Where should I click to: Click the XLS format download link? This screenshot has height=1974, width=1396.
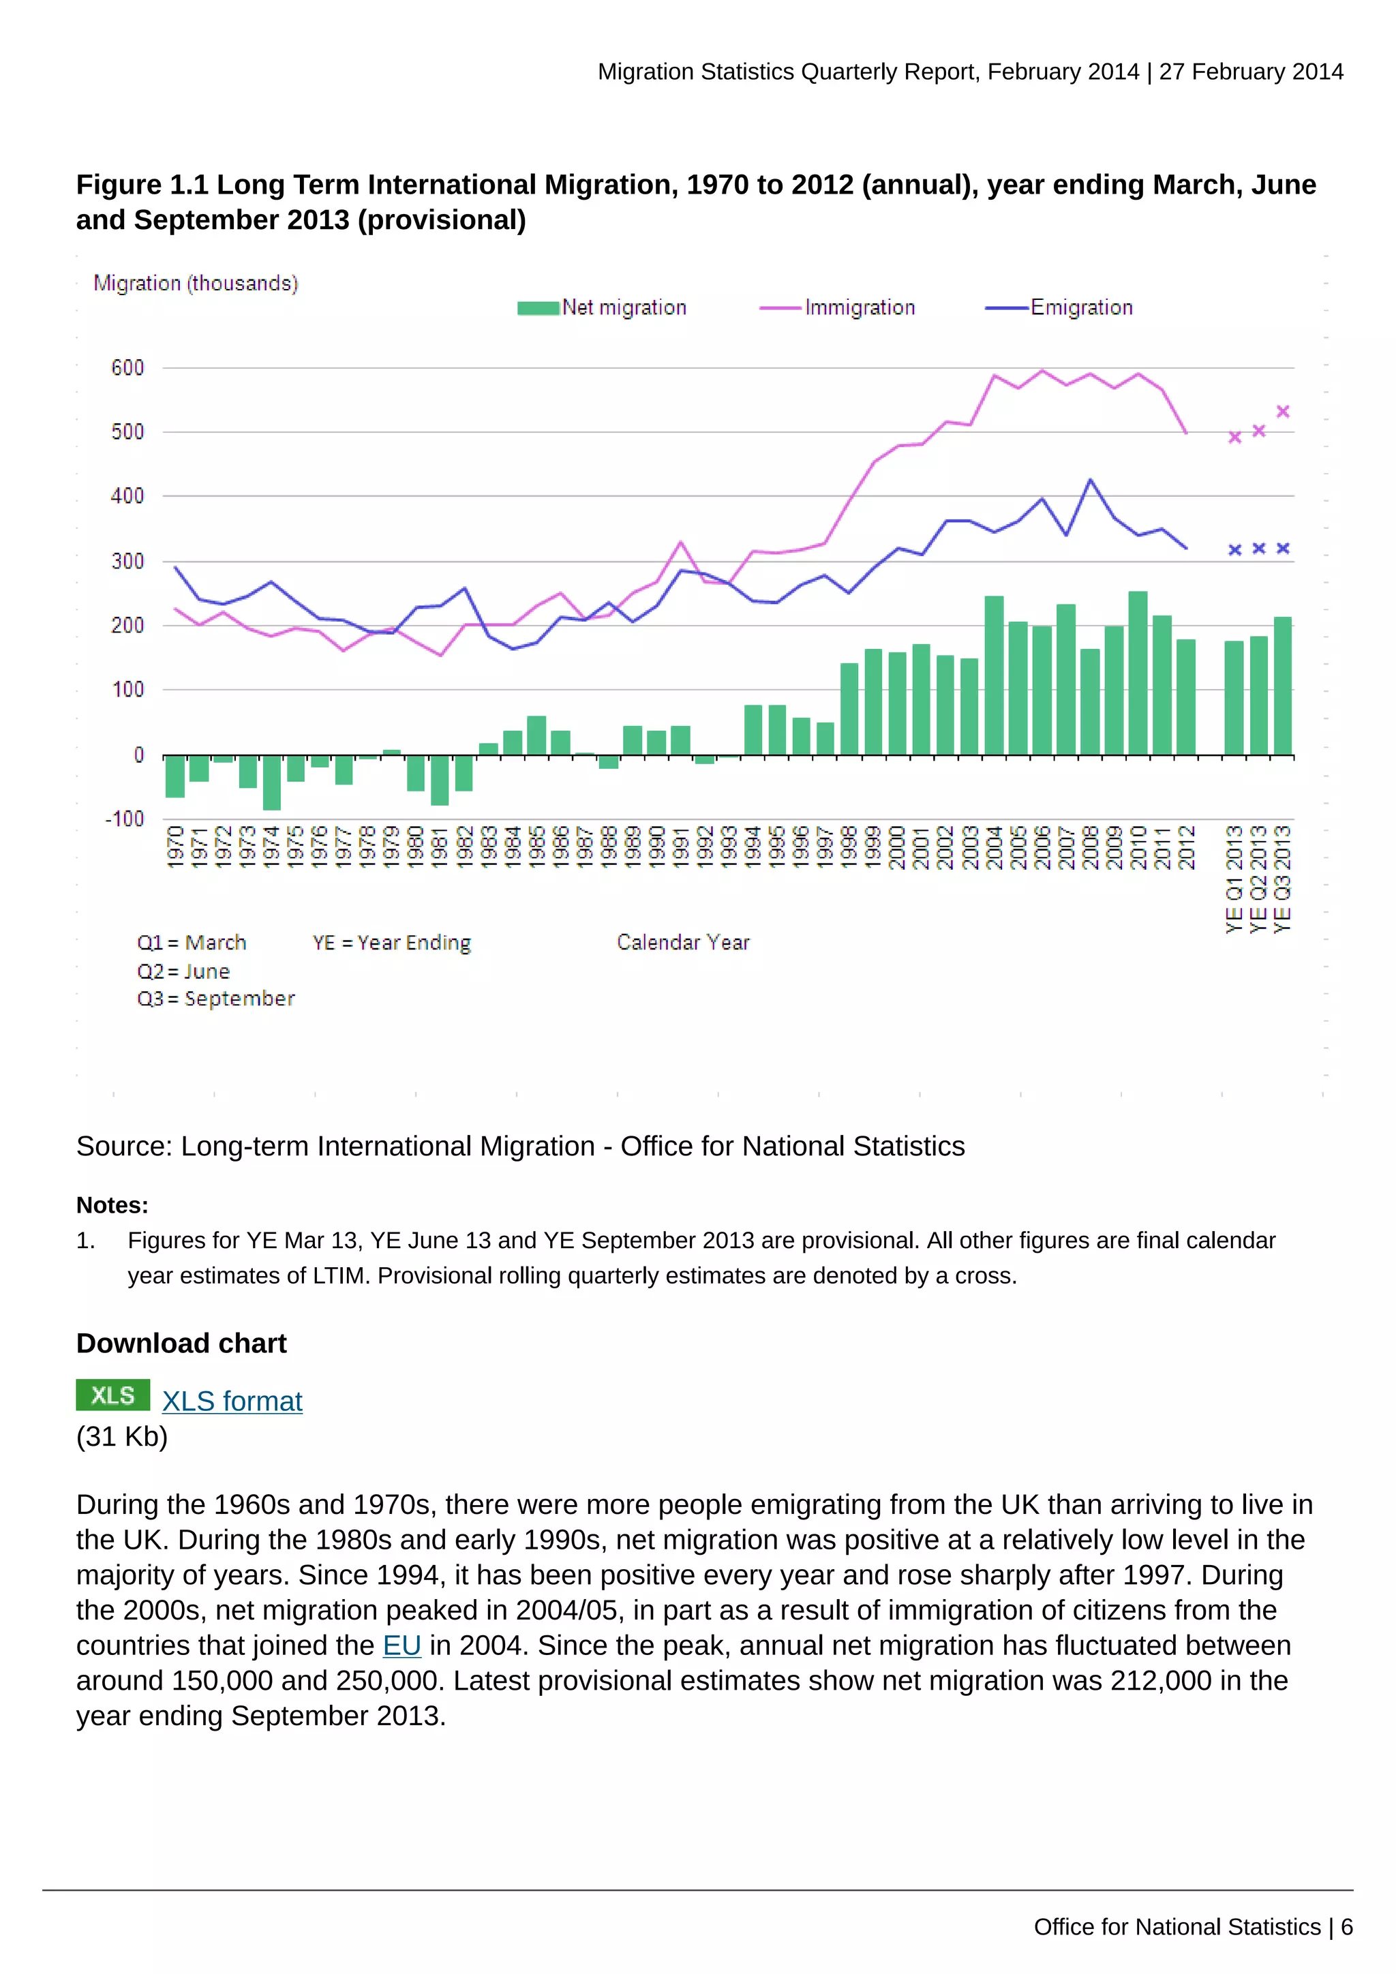[232, 1401]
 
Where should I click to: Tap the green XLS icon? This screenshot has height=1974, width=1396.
[112, 1395]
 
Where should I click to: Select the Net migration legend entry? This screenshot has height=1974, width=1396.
[602, 308]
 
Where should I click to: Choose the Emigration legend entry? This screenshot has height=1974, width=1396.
[1059, 308]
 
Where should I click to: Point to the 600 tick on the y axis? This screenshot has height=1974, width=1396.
[127, 368]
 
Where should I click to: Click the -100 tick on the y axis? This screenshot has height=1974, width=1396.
[125, 819]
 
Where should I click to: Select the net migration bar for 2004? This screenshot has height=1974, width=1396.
[994, 675]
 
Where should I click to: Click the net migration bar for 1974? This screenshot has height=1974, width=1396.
[272, 783]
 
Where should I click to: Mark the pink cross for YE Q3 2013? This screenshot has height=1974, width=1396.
[1283, 412]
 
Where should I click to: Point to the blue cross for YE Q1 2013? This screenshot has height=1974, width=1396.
[1234, 549]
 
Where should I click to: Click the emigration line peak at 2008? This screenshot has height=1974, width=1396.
[1090, 480]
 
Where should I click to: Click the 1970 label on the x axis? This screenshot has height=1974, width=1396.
[175, 847]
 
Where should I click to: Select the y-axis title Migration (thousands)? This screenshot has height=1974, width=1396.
[196, 284]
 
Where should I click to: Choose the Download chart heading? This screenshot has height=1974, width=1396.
[181, 1343]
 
